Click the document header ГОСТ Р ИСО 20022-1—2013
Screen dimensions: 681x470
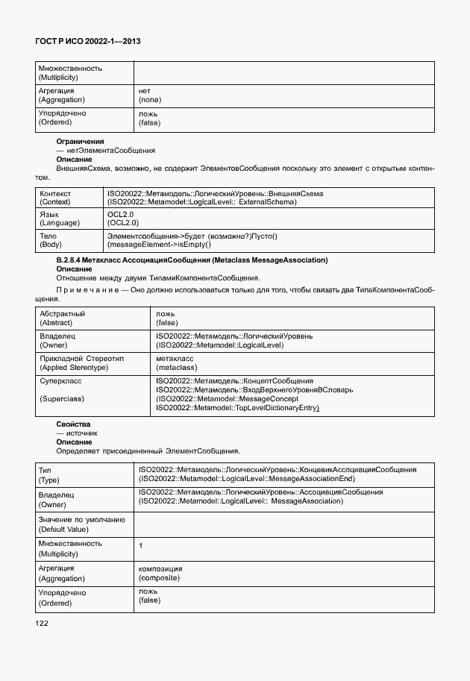pyautogui.click(x=88, y=42)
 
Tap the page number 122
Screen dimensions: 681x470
pyautogui.click(x=42, y=623)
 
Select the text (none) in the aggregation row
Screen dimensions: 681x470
pyautogui.click(x=150, y=99)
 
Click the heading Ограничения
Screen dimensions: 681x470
pyautogui.click(x=80, y=141)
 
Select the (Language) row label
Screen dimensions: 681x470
pyautogui.click(x=58, y=222)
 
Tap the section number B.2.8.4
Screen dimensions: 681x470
pyautogui.click(x=69, y=260)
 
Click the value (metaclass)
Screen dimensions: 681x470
pyautogui.click(x=176, y=368)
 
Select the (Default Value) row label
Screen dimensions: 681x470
pyautogui.click(x=63, y=529)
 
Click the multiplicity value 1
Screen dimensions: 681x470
pyautogui.click(x=141, y=546)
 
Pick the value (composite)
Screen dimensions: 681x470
pyautogui.click(x=160, y=578)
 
